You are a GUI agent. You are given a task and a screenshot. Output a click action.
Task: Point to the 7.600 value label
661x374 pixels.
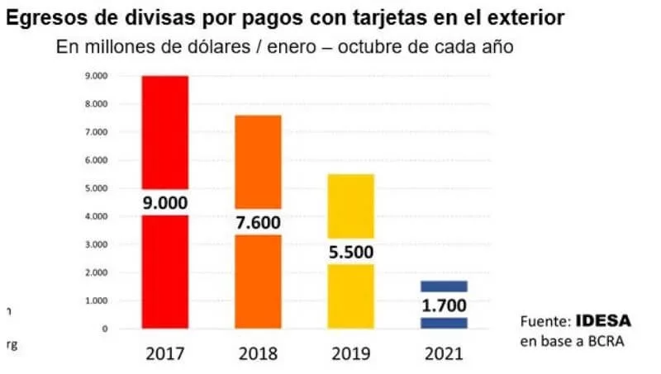(x=258, y=222)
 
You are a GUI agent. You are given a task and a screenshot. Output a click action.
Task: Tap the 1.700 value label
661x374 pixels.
(x=445, y=305)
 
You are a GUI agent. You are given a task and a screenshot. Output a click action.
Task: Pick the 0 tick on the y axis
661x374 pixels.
(x=105, y=329)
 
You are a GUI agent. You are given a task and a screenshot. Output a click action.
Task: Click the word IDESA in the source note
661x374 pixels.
(x=600, y=320)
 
